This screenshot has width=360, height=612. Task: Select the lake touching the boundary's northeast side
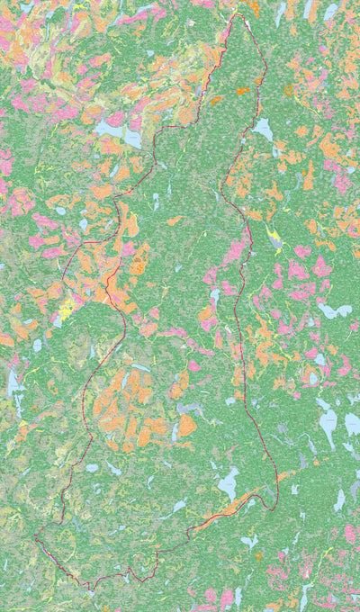coord(262,130)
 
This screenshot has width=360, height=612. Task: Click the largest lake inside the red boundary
coord(229,483)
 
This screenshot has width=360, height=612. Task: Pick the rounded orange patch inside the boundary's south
coord(186,425)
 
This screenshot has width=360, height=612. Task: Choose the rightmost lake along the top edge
coord(330,12)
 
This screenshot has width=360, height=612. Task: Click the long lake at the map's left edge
coord(13,382)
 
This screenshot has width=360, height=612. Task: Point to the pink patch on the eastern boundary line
coord(236,252)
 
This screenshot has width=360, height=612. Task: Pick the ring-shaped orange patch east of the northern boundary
coord(288,90)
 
